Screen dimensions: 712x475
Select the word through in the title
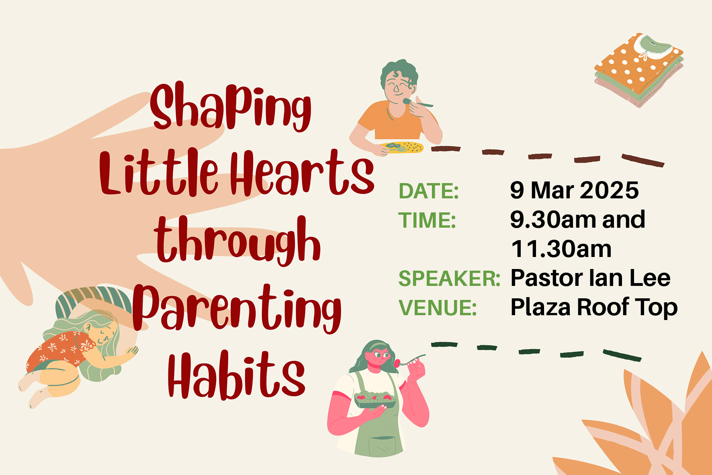click(x=237, y=241)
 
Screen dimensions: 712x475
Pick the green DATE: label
click(x=429, y=191)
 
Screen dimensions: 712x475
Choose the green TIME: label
click(x=427, y=220)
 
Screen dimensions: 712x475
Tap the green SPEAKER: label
click(x=449, y=278)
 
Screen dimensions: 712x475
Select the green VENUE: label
click(x=438, y=308)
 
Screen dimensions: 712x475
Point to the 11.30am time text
click(x=561, y=249)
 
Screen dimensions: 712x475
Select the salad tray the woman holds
click(x=374, y=400)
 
